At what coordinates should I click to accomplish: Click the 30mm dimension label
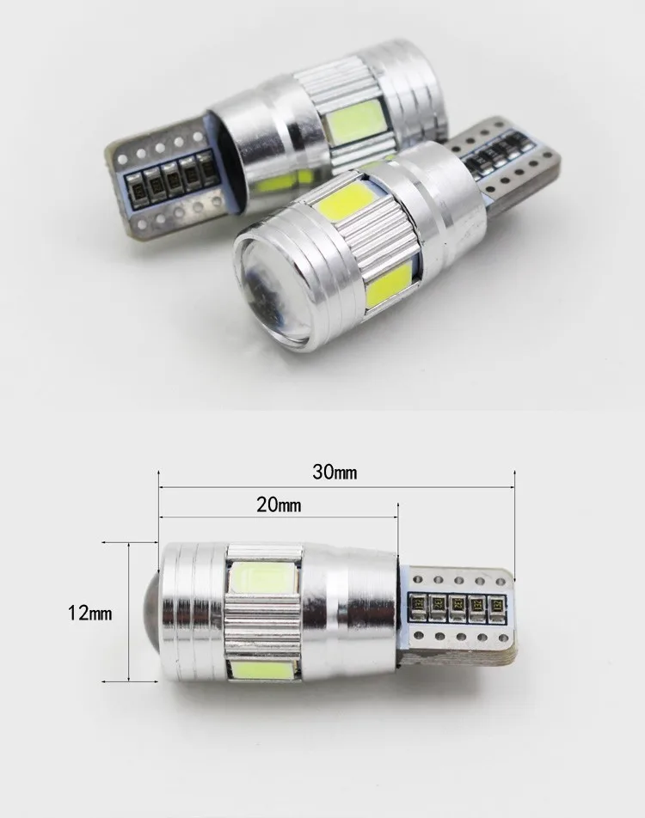click(335, 473)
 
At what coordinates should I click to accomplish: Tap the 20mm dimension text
click(279, 505)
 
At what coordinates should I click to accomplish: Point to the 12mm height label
click(89, 613)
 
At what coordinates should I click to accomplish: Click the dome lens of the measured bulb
click(151, 612)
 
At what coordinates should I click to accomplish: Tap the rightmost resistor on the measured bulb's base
click(496, 607)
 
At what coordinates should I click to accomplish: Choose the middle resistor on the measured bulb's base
click(458, 607)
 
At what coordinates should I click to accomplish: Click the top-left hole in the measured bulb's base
click(418, 579)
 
